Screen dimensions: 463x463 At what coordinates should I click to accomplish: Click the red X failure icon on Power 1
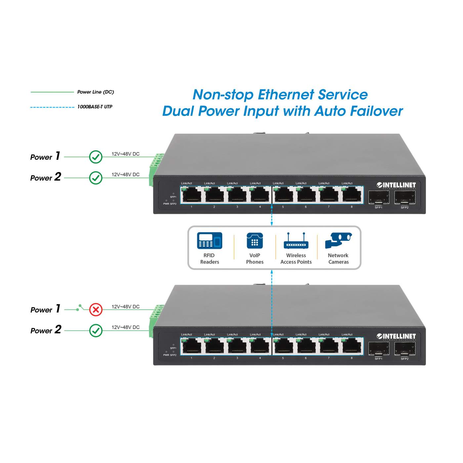point(96,310)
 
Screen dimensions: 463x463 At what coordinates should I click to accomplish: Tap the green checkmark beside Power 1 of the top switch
point(96,157)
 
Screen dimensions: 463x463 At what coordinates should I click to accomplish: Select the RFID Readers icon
point(209,240)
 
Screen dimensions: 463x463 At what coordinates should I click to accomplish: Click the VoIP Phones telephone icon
point(255,240)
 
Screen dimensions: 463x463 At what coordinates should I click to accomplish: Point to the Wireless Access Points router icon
point(296,241)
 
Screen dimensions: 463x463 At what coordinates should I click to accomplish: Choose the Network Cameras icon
point(338,240)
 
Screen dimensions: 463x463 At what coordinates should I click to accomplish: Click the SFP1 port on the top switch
point(379,198)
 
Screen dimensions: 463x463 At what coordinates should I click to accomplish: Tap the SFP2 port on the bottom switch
point(405,349)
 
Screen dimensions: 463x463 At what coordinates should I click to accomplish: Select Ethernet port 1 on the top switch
point(191,195)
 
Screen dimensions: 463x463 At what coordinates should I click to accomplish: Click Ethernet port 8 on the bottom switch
point(352,346)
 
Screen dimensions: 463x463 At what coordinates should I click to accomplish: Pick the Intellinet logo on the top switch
point(396,185)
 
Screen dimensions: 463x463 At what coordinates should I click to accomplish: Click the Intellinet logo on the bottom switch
point(396,336)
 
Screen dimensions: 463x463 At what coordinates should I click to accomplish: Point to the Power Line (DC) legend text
point(96,92)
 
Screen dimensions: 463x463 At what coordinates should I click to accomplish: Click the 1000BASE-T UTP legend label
point(95,107)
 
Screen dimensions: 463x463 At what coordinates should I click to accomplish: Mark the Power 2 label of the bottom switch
point(46,330)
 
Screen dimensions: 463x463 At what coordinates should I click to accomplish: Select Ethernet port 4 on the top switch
point(260,195)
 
